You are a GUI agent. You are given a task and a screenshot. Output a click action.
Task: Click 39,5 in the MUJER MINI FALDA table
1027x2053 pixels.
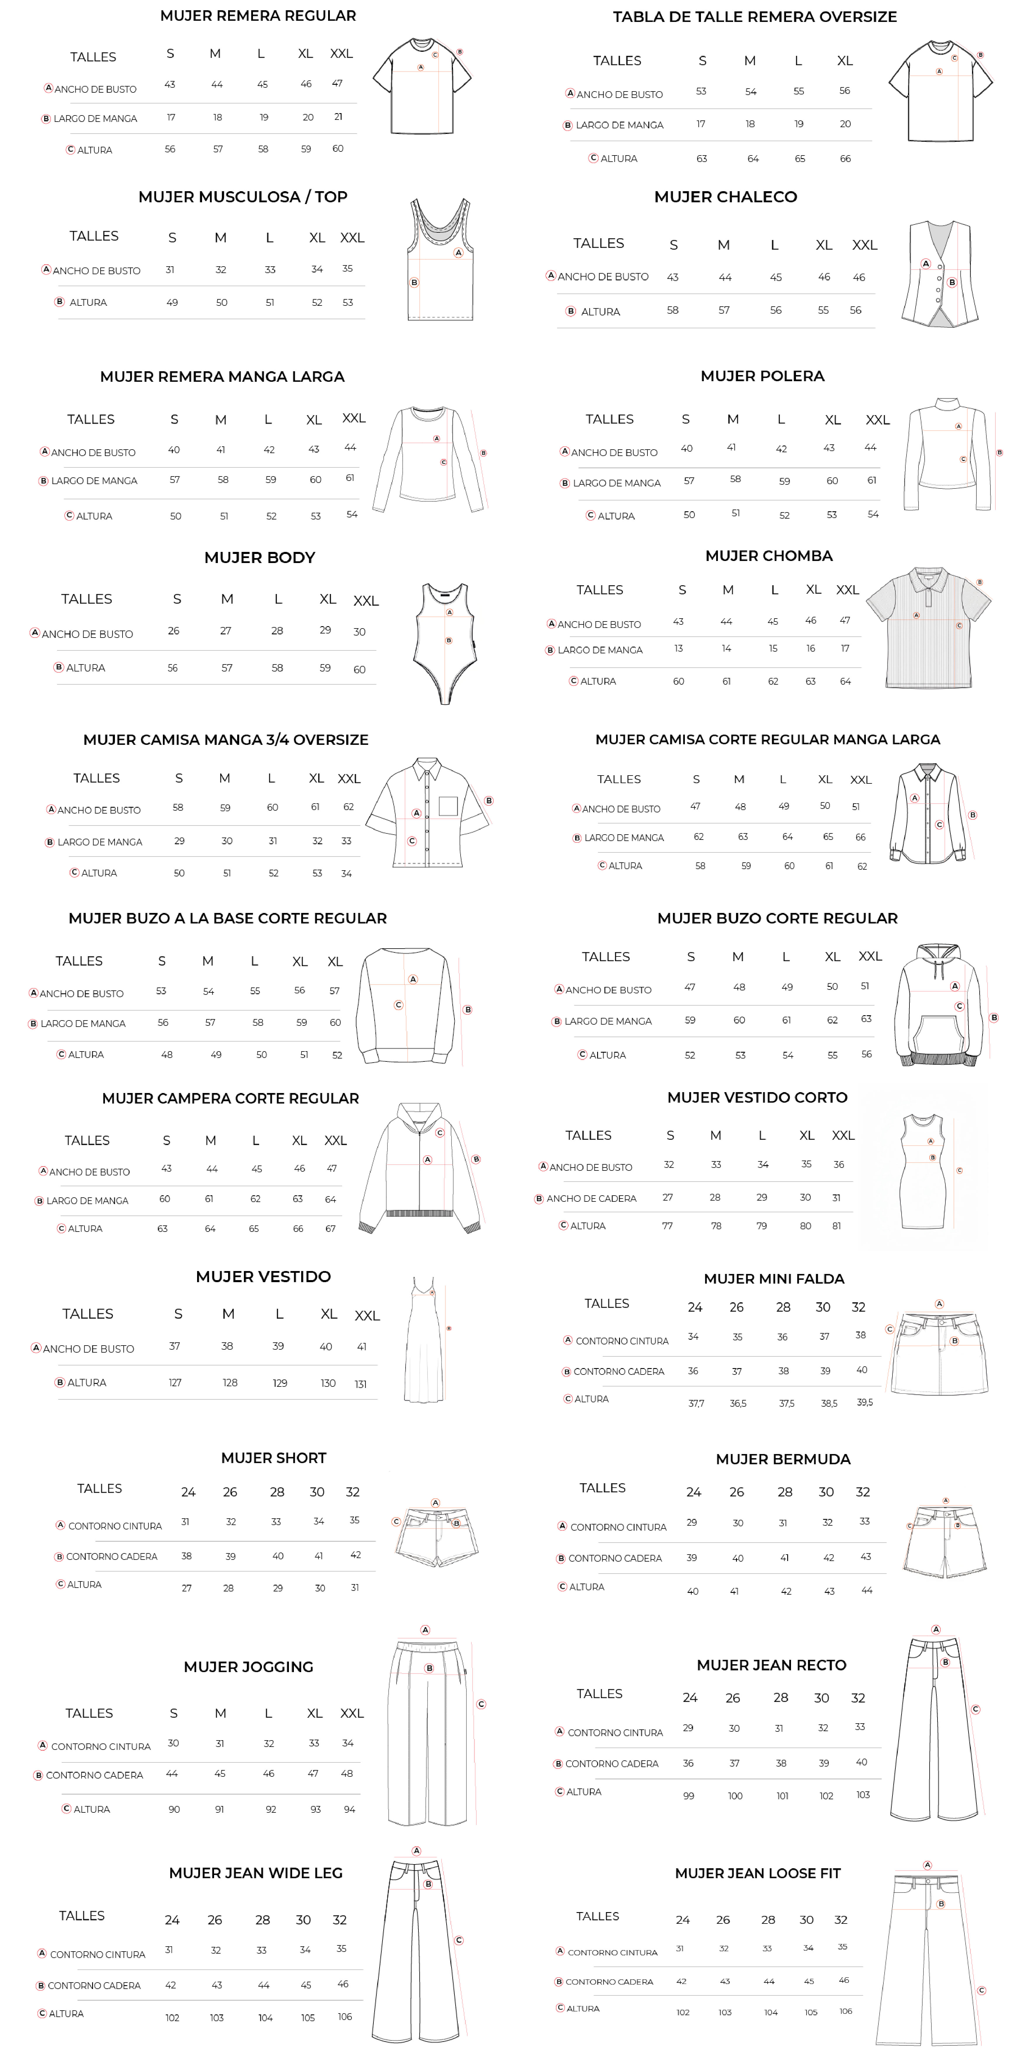(864, 1403)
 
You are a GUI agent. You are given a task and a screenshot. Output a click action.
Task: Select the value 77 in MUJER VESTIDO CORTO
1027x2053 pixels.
(667, 1226)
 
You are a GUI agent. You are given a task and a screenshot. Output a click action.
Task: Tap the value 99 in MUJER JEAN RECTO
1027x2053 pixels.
(688, 1795)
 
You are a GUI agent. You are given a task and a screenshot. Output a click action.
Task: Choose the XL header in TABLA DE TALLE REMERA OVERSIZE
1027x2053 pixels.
(845, 61)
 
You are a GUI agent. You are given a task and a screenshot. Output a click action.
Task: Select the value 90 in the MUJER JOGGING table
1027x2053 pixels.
(174, 1809)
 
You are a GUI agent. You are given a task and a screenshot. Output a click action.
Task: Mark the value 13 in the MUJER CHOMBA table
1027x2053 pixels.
(678, 649)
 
